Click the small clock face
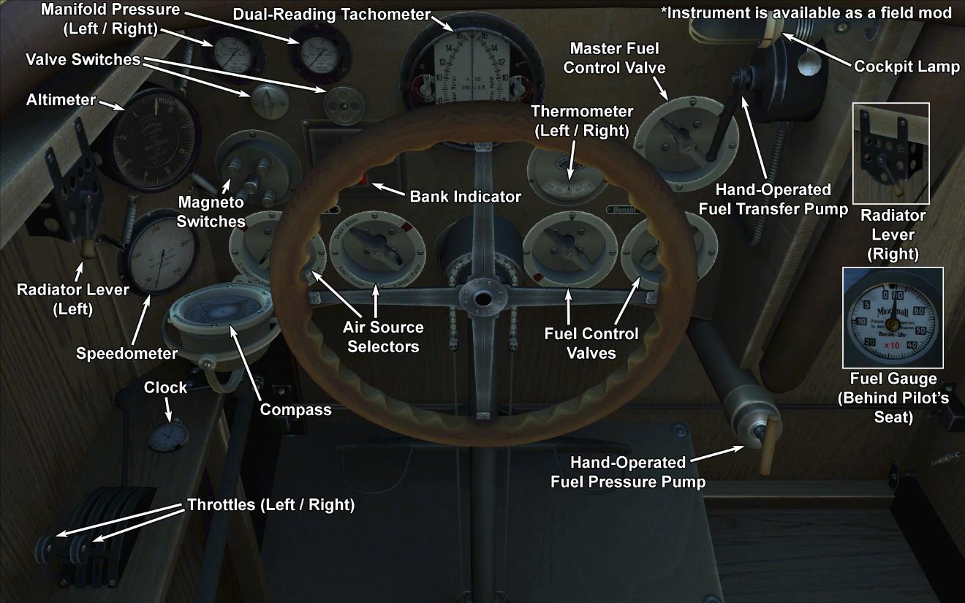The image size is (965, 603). click(x=167, y=436)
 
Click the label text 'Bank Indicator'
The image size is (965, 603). click(x=465, y=197)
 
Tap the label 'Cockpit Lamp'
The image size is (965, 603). click(x=907, y=67)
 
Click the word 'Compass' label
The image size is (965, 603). click(x=295, y=409)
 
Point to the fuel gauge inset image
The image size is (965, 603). click(x=893, y=317)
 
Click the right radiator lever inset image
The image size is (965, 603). click(x=891, y=153)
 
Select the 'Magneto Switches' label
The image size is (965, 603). click(x=211, y=211)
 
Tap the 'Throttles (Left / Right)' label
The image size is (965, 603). click(x=270, y=505)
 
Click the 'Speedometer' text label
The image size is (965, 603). click(x=126, y=354)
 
